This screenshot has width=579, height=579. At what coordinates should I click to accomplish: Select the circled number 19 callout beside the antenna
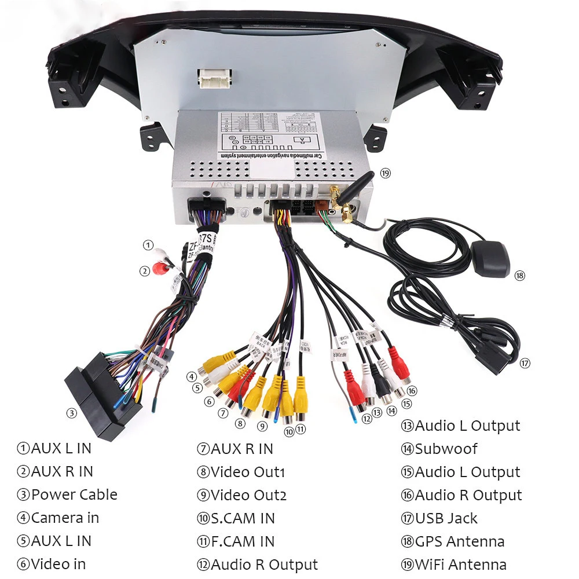pyautogui.click(x=386, y=173)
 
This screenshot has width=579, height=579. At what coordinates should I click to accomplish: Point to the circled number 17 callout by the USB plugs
pyautogui.click(x=525, y=364)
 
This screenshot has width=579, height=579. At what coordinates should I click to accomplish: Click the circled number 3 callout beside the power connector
pyautogui.click(x=71, y=413)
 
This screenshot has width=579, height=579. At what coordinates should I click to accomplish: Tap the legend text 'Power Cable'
pyautogui.click(x=74, y=495)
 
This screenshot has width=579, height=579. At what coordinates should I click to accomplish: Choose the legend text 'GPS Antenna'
pyautogui.click(x=460, y=541)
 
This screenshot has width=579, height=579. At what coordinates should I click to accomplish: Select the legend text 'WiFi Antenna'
pyautogui.click(x=461, y=565)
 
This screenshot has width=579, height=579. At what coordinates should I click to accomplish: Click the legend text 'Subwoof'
pyautogui.click(x=446, y=449)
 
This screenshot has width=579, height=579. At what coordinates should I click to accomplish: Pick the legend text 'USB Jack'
pyautogui.click(x=446, y=518)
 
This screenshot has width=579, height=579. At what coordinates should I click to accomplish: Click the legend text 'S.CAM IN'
pyautogui.click(x=242, y=518)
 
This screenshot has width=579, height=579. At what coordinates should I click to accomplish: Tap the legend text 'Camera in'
pyautogui.click(x=65, y=518)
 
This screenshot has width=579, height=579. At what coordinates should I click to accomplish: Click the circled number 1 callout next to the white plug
pyautogui.click(x=149, y=245)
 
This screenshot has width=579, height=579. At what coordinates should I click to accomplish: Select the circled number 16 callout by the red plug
pyautogui.click(x=412, y=391)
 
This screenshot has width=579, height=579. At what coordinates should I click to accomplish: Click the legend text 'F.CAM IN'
pyautogui.click(x=242, y=541)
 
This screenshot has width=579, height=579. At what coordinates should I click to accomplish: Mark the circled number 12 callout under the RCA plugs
pyautogui.click(x=366, y=418)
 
